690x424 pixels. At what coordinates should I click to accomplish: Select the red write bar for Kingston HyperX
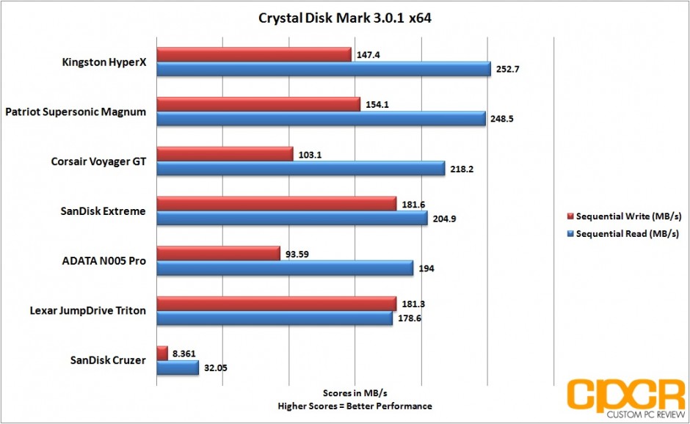coord(254,54)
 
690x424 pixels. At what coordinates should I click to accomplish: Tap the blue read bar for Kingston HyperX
coord(324,69)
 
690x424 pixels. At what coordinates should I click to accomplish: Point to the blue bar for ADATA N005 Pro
coord(285,268)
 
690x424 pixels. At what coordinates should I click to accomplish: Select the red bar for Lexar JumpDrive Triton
coord(277,304)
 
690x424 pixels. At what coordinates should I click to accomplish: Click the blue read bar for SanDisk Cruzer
coord(178,368)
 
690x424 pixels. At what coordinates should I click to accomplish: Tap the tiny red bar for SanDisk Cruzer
coord(162,354)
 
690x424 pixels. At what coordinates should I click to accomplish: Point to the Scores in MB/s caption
coord(354,393)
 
